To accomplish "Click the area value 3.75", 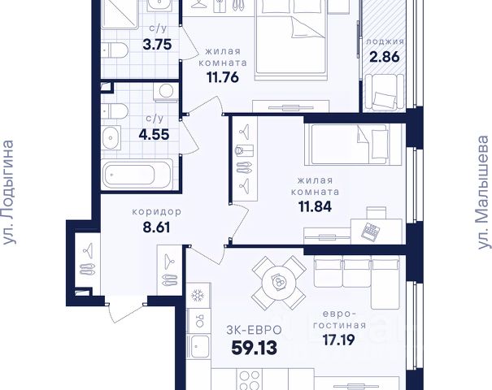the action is (x=157, y=44).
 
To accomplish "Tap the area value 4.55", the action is (x=154, y=135).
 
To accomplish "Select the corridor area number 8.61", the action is (x=156, y=227).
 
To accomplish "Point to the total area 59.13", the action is (x=255, y=348).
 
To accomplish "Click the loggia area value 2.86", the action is (x=385, y=57).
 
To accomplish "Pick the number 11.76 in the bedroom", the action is (x=223, y=77).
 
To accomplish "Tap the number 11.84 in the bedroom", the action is (x=315, y=206).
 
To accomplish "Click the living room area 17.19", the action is (x=339, y=339).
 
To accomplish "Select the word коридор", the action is (x=157, y=212).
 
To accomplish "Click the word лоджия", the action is (x=385, y=41).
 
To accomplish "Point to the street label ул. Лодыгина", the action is (x=8, y=193).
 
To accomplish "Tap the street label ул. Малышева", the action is (x=482, y=193).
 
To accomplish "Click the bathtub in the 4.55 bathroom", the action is (x=137, y=175).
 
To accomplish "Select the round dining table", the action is (x=279, y=284).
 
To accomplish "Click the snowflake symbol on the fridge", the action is (x=198, y=295).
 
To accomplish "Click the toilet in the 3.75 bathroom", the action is (x=115, y=50).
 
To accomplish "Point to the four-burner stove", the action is (x=250, y=380).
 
